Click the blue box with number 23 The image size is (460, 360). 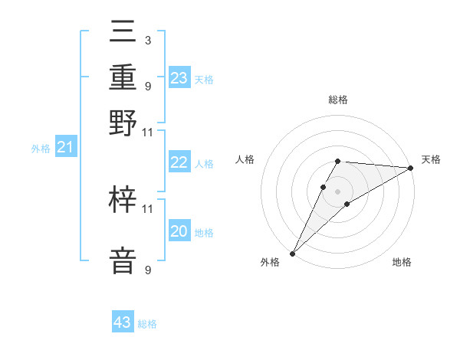[179, 78]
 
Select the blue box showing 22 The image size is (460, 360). [179, 162]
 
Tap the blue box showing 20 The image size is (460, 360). [179, 231]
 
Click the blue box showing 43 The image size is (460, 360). [123, 322]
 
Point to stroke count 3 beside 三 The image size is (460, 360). [147, 39]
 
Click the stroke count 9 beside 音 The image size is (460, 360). [147, 270]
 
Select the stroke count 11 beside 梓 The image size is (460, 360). [147, 208]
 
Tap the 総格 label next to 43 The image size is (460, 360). [148, 324]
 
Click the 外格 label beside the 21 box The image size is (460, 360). [41, 149]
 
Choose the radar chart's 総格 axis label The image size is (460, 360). [338, 100]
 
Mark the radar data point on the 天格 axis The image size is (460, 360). [411, 168]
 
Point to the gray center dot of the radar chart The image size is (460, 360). [338, 191]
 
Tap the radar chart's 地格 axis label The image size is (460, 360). [402, 263]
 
